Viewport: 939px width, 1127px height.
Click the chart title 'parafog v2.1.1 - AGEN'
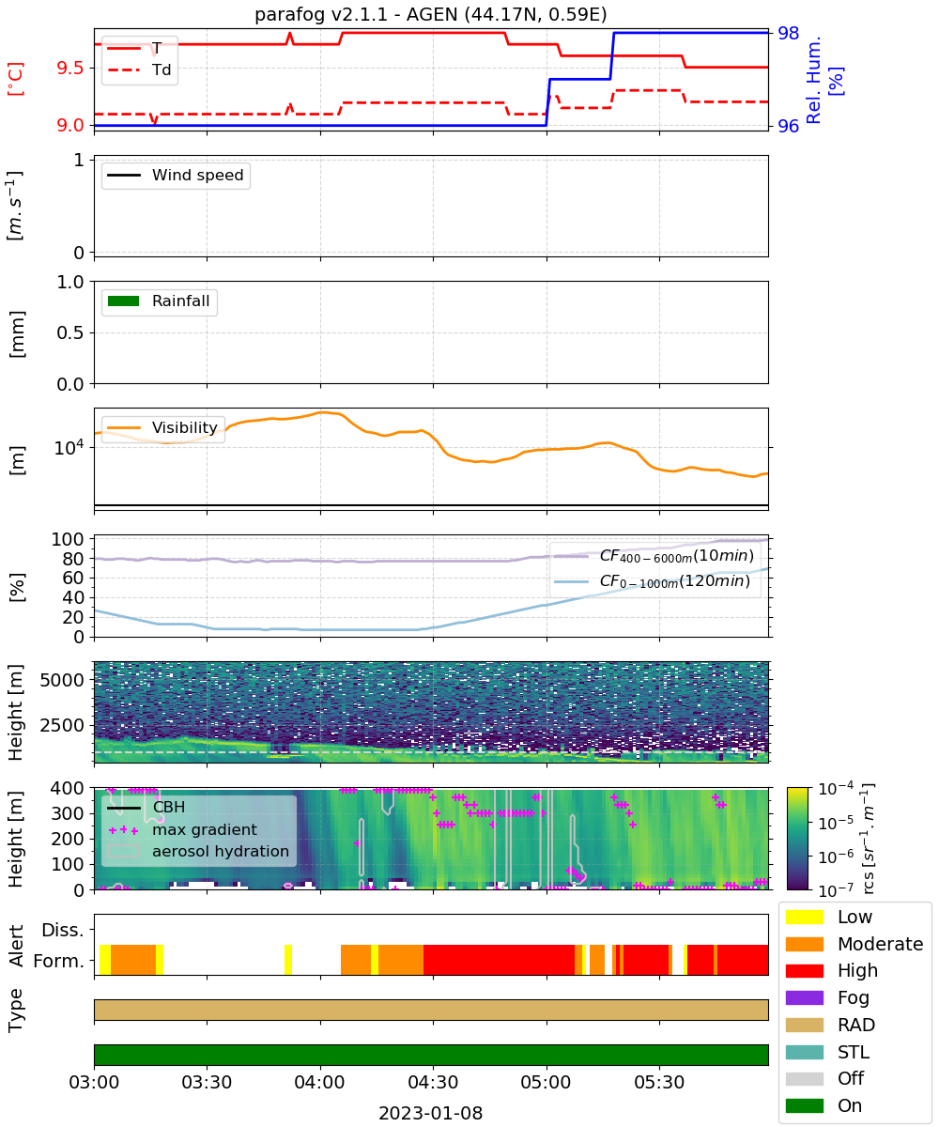pyautogui.click(x=356, y=14)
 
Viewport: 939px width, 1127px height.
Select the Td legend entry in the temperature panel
pyautogui.click(x=139, y=69)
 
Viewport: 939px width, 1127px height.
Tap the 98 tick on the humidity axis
pyautogui.click(x=788, y=33)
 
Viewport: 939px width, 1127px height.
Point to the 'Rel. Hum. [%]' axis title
pyautogui.click(x=824, y=80)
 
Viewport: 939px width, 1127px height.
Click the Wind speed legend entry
pyautogui.click(x=176, y=175)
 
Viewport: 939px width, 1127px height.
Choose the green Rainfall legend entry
pyautogui.click(x=158, y=301)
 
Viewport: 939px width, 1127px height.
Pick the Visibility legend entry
pyautogui.click(x=162, y=427)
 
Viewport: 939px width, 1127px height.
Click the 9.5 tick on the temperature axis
pyautogui.click(x=70, y=68)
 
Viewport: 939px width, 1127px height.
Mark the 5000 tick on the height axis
pyautogui.click(x=62, y=680)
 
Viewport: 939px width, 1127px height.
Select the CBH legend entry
pyautogui.click(x=146, y=807)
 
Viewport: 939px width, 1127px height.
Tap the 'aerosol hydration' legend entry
pyautogui.click(x=198, y=851)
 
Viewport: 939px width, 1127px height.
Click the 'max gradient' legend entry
pyautogui.click(x=183, y=829)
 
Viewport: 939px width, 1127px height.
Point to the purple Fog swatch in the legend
pyautogui.click(x=805, y=997)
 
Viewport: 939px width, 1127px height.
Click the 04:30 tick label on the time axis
pyautogui.click(x=433, y=1082)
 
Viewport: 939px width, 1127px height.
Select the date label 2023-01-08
pyautogui.click(x=431, y=1113)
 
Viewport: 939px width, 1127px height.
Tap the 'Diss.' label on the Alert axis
pyautogui.click(x=63, y=930)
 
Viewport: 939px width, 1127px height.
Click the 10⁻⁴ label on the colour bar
pyautogui.click(x=836, y=789)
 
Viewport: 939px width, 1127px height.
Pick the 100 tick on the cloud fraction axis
pyautogui.click(x=68, y=539)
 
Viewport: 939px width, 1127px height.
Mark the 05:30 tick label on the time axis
pyautogui.click(x=659, y=1082)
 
